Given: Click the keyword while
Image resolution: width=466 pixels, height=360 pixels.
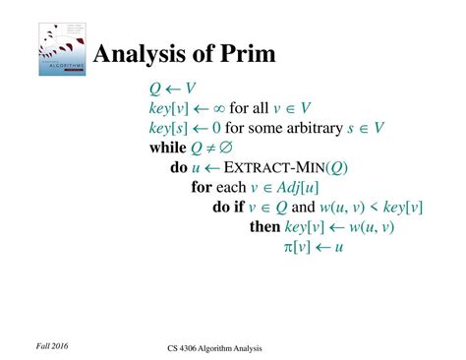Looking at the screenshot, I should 167,149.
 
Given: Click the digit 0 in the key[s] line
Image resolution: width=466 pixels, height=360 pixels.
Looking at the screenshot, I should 214,129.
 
